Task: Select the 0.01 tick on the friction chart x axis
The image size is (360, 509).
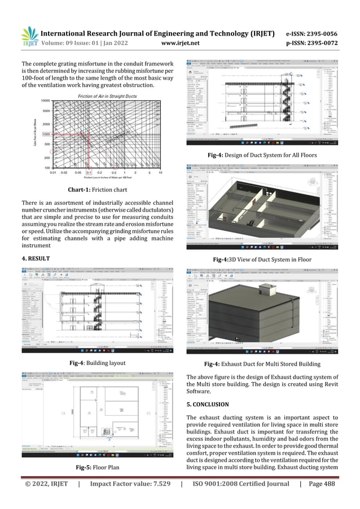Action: [x=52, y=173]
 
